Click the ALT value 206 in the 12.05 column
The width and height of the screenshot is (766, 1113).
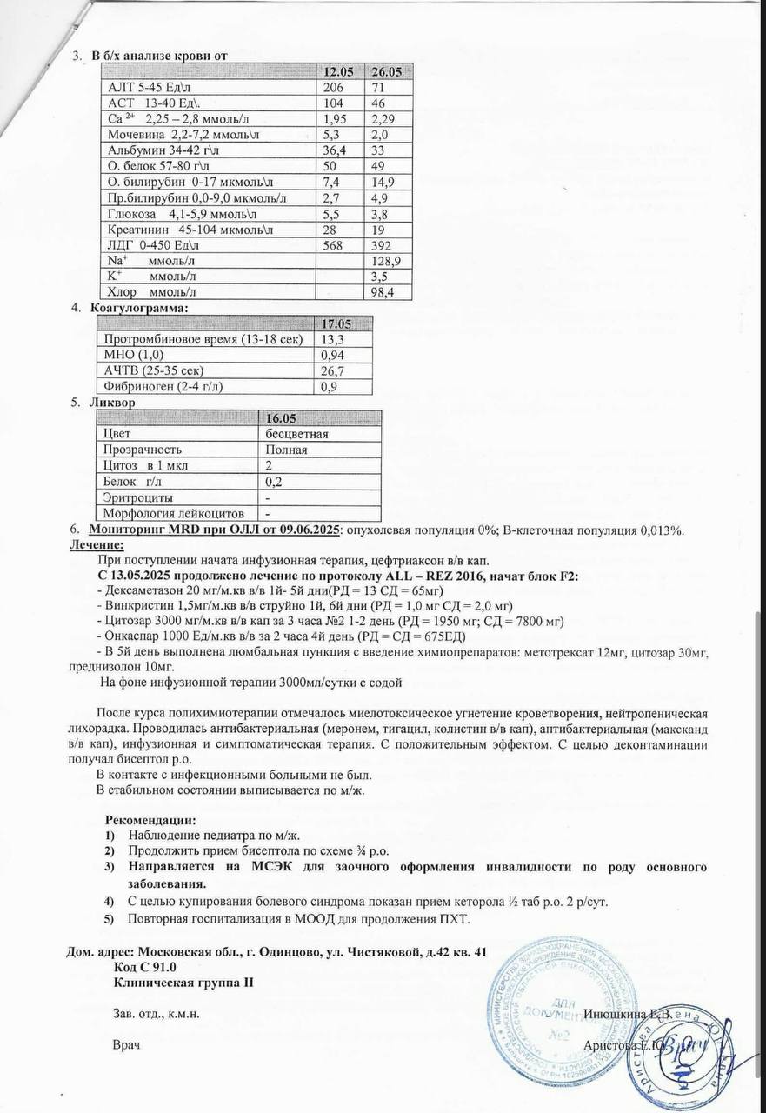click(333, 87)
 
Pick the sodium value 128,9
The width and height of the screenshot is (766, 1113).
click(384, 261)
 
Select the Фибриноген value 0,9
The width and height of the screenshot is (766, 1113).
click(330, 387)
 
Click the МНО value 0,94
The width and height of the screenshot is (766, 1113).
click(334, 355)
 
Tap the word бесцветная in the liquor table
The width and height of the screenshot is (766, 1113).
click(296, 434)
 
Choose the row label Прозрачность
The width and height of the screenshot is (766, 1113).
click(143, 450)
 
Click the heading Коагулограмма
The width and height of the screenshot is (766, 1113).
click(138, 308)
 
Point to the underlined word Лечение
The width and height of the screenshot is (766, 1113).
click(97, 545)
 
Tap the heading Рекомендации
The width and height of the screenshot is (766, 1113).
click(151, 820)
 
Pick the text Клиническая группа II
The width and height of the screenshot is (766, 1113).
click(183, 983)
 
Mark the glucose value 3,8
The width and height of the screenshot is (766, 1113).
click(378, 213)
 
